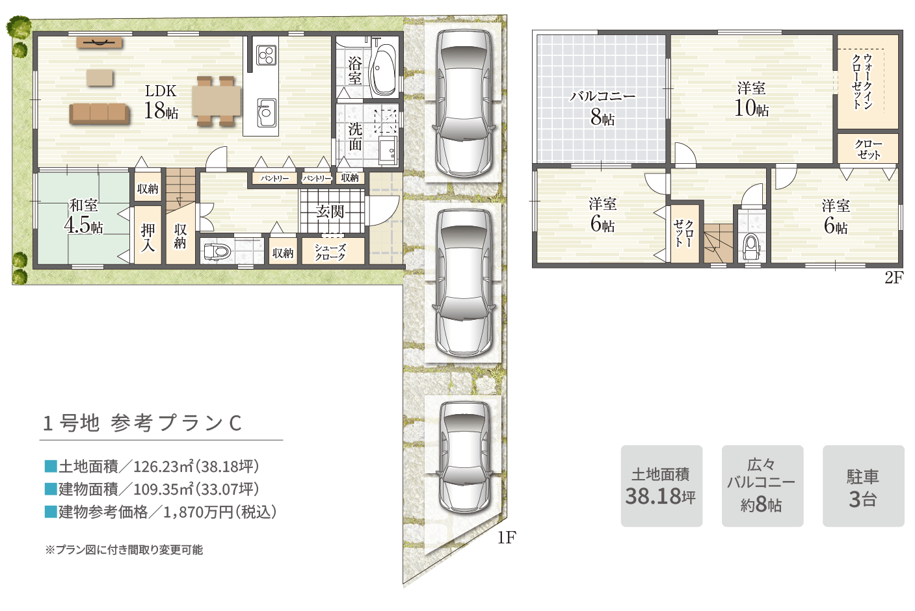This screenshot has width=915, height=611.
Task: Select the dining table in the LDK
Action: (217, 101)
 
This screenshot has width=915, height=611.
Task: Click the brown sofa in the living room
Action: (99, 113)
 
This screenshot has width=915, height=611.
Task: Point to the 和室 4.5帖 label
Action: (83, 216)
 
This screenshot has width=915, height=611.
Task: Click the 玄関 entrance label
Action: (330, 211)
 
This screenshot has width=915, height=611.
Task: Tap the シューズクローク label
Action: (330, 252)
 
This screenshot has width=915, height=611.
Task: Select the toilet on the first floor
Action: (217, 251)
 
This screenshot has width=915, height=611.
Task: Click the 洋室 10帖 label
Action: (751, 99)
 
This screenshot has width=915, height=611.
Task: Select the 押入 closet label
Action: (148, 237)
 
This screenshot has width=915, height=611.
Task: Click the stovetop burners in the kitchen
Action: (265, 55)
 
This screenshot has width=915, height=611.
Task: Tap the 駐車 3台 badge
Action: (863, 486)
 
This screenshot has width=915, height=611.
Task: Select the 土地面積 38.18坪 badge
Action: (661, 486)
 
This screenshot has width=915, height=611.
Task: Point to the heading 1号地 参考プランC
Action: (142, 423)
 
